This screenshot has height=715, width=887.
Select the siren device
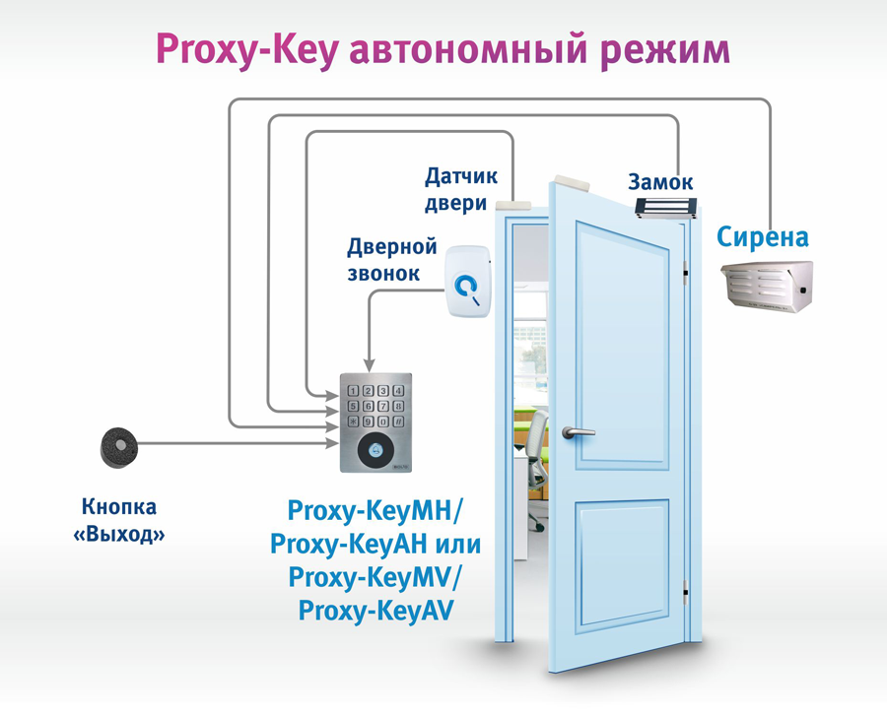pyautogui.click(x=767, y=286)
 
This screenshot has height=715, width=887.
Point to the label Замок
pyautogui.click(x=660, y=182)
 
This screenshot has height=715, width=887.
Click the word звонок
pyautogui.click(x=383, y=273)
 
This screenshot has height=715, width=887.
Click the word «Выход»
pyautogui.click(x=119, y=536)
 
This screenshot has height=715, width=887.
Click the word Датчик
pyautogui.click(x=460, y=177)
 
